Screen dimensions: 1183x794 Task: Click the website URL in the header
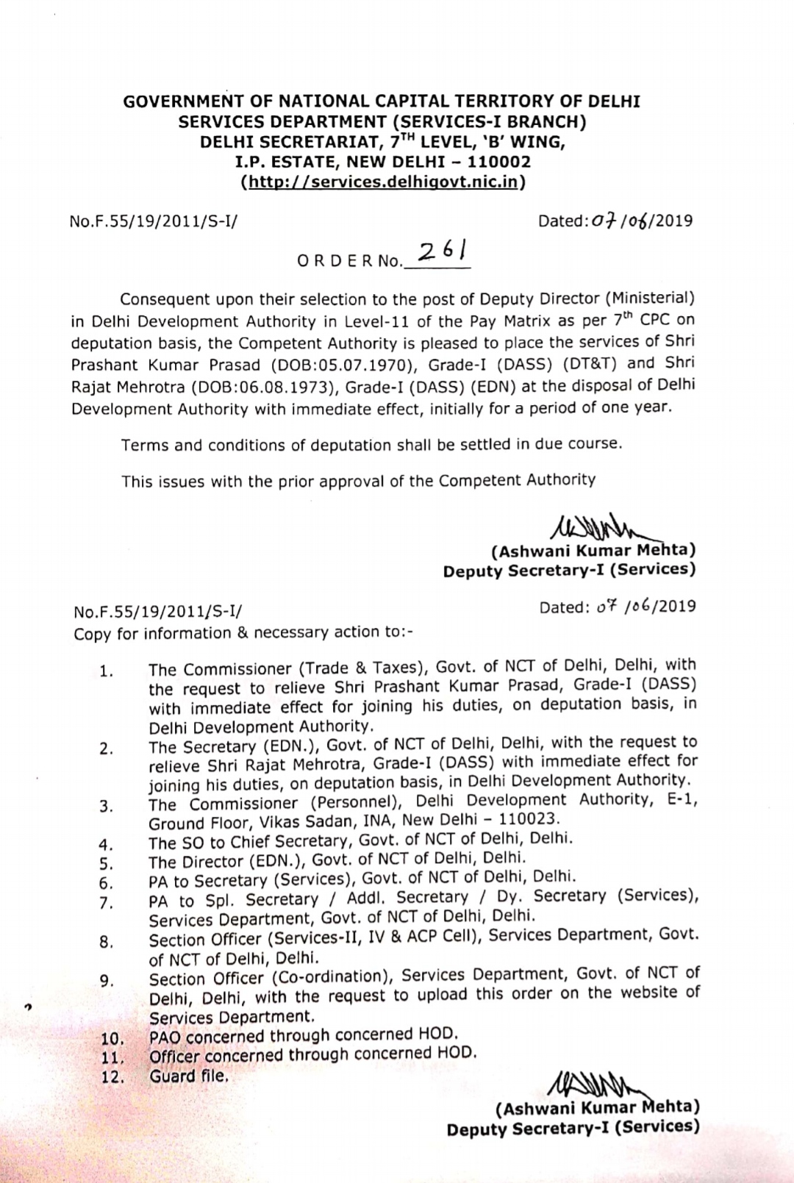click(x=382, y=181)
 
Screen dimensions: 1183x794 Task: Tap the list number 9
click(x=107, y=980)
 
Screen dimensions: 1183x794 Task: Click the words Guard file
click(x=189, y=1076)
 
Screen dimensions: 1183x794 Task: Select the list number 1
click(x=107, y=671)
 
